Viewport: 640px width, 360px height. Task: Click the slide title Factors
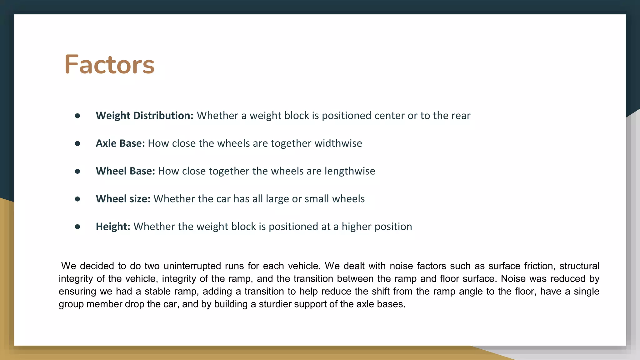[x=109, y=64]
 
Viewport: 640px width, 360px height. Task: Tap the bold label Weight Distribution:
[x=144, y=116]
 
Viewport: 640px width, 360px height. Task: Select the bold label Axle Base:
[x=120, y=143]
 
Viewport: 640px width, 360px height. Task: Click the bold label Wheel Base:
[x=125, y=171]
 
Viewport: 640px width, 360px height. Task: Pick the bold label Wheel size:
[x=123, y=199]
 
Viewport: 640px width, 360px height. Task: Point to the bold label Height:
[x=113, y=227]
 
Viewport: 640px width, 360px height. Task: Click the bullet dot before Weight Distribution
[x=77, y=116]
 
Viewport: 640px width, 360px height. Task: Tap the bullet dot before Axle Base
[x=77, y=144]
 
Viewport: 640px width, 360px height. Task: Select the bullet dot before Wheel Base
[x=77, y=171]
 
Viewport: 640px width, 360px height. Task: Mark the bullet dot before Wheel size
[x=77, y=199]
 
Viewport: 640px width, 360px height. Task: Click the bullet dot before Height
[x=77, y=227]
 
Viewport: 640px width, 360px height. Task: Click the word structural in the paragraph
[x=579, y=266]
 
